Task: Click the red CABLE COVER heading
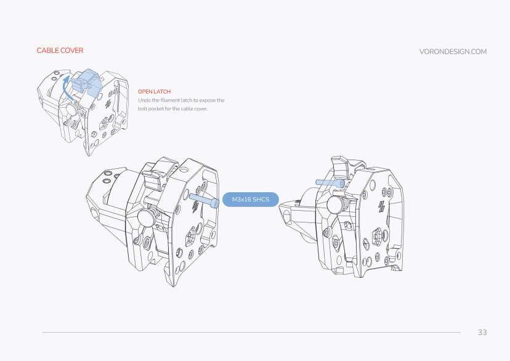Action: pyautogui.click(x=60, y=51)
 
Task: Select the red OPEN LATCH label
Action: pyautogui.click(x=155, y=91)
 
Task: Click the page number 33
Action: pyautogui.click(x=482, y=333)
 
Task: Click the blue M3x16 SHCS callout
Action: pyautogui.click(x=250, y=200)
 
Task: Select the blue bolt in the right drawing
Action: pyautogui.click(x=329, y=182)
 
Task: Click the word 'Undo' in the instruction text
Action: pyautogui.click(x=144, y=100)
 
